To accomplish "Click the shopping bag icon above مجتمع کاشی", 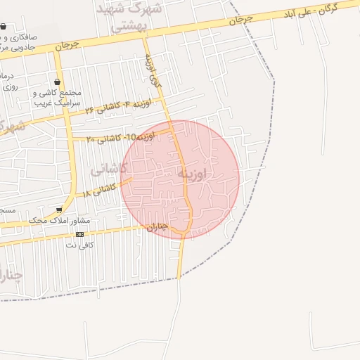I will (x=57, y=82).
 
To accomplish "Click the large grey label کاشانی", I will (x=109, y=169).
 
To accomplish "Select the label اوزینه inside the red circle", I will (x=191, y=174).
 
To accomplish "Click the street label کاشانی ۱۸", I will (x=99, y=190).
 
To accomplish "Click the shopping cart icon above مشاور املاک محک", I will (x=59, y=210).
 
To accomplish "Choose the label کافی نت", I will (x=79, y=245).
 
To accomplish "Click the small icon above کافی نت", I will (x=79, y=234).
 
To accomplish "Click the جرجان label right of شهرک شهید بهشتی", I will (x=239, y=21).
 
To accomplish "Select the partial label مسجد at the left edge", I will (x=6, y=210).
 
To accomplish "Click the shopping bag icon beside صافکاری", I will (x=4, y=27).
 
